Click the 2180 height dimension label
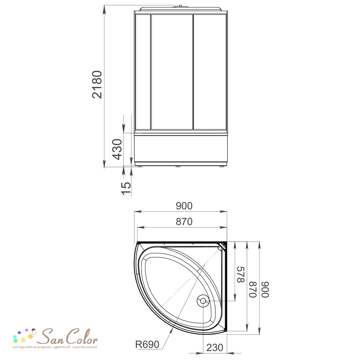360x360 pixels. coord(97,85)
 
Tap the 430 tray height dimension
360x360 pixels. coord(117,149)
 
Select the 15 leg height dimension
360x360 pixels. coord(126,188)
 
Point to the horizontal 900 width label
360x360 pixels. coord(184,206)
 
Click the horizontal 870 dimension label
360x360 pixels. coord(184,222)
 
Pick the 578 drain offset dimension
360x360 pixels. coord(240,275)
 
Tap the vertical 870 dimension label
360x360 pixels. coord(253,289)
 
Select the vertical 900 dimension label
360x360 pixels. coord(265,289)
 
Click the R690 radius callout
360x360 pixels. coord(147,345)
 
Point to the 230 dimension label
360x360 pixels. coord(215,348)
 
